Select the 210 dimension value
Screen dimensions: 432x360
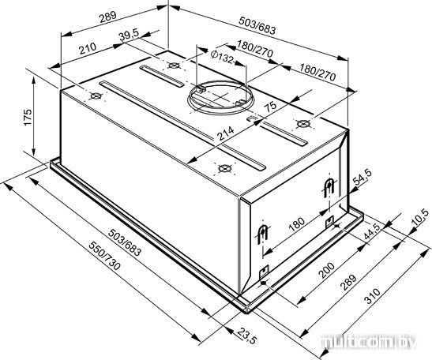point(88,48)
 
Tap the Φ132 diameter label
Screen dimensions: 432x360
point(222,57)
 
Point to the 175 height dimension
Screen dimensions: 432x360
point(28,118)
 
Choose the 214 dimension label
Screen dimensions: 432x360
point(225,133)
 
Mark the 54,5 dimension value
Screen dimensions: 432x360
point(363,177)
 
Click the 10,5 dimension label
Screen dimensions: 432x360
point(420,217)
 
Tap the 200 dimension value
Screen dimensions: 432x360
point(326,270)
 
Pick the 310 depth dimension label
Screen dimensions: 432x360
point(372,295)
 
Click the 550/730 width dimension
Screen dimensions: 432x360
point(105,256)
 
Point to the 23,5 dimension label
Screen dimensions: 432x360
point(246,336)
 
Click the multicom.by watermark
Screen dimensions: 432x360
point(368,343)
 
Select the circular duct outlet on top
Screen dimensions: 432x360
point(220,98)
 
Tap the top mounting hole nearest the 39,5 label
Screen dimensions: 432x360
point(174,66)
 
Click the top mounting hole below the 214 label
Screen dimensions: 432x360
point(224,167)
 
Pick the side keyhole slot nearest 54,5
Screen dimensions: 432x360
point(329,187)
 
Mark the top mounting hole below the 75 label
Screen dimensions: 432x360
point(302,124)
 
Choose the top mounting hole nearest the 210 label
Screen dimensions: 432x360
point(96,96)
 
